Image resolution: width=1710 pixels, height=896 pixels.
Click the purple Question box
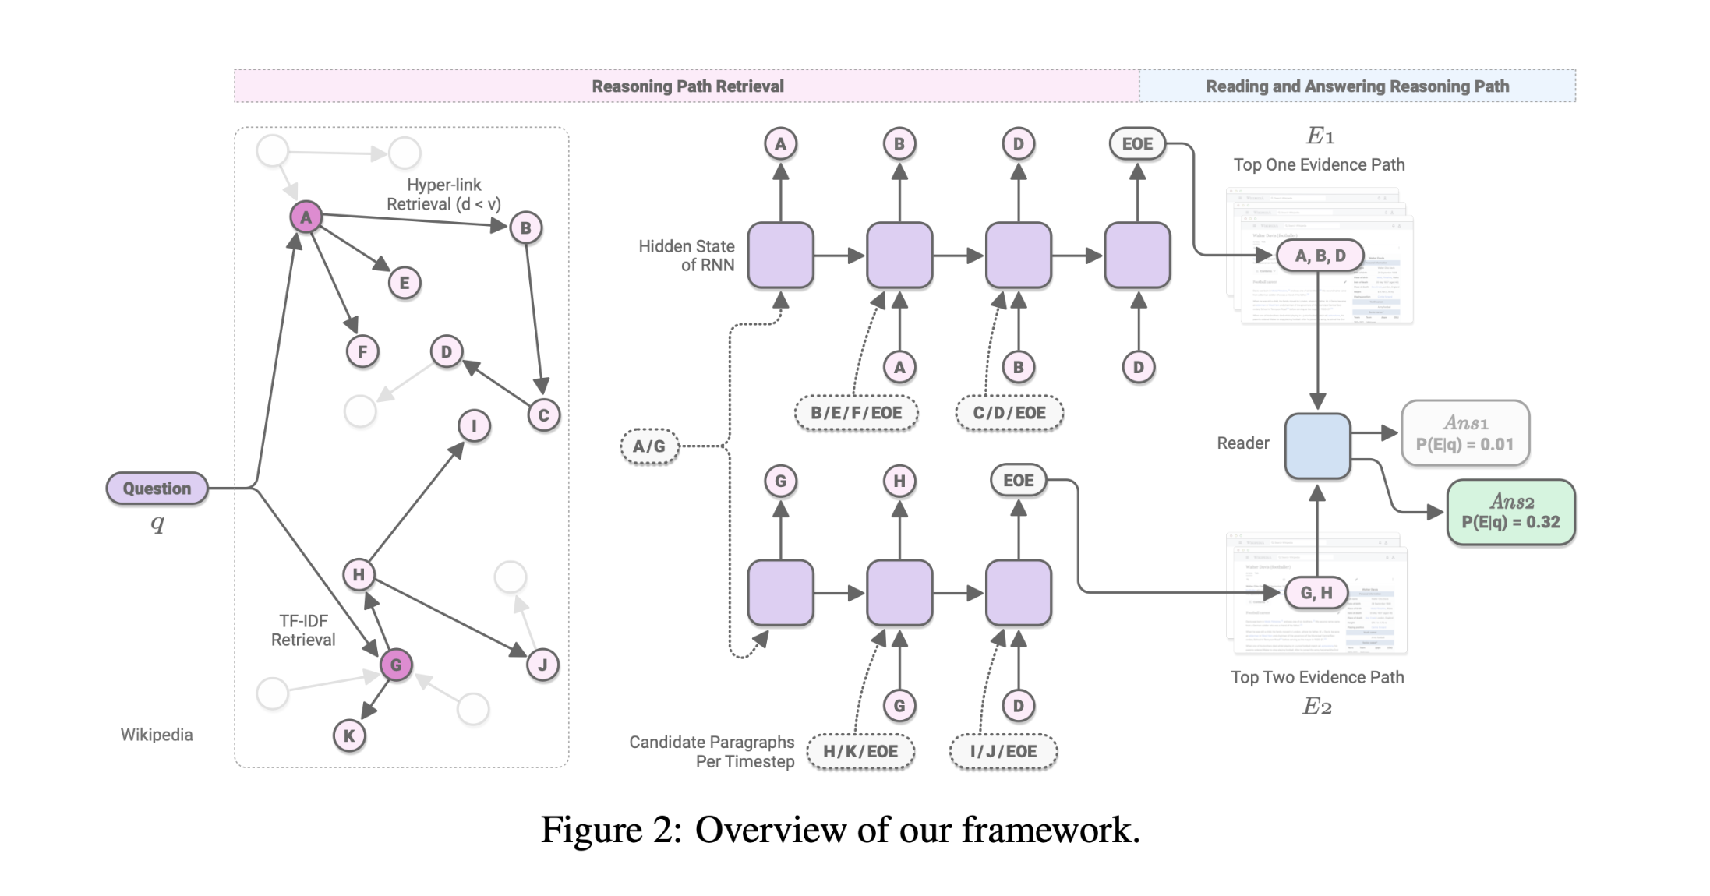point(157,489)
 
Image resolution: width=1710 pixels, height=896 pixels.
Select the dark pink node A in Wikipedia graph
point(306,217)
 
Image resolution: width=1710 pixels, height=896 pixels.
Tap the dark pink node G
point(396,665)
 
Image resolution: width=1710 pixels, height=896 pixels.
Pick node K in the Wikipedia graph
point(349,735)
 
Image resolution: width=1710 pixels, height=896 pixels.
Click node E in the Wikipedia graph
point(404,283)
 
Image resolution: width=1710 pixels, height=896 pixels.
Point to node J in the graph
point(542,665)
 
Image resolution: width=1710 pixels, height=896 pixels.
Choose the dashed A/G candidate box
point(649,446)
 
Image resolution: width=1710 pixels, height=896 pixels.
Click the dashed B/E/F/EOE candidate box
point(856,413)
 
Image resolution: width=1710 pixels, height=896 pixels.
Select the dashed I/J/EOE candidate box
point(1003,752)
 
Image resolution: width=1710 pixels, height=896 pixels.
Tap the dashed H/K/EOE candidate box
point(860,752)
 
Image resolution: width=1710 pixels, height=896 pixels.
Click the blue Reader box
point(1317,446)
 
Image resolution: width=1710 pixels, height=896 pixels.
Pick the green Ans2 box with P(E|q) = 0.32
point(1510,512)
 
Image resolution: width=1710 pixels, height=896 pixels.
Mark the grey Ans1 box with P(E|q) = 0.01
point(1464,433)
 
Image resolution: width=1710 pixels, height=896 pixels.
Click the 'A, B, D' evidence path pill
point(1320,256)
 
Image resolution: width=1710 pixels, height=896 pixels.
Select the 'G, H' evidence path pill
point(1316,593)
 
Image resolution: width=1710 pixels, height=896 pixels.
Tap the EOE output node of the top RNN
point(1137,144)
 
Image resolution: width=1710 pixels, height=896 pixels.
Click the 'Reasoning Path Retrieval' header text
point(687,86)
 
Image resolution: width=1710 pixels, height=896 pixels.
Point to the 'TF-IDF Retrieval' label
point(303,630)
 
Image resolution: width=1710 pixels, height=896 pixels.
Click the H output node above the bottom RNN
point(899,482)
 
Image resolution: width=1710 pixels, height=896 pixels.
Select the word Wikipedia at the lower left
point(156,735)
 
